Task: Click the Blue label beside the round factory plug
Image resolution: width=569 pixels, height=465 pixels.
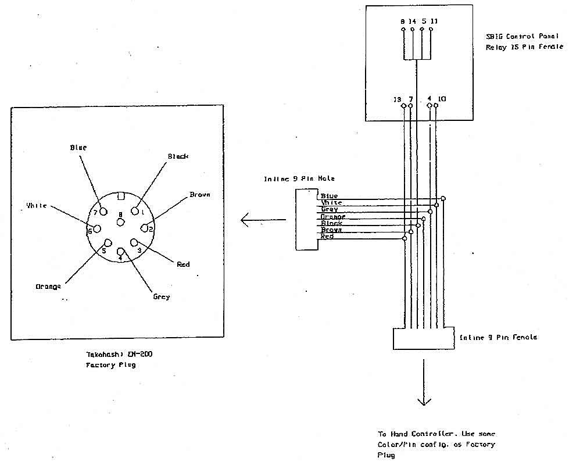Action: [78, 148]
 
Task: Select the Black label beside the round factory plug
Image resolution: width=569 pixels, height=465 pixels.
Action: [178, 156]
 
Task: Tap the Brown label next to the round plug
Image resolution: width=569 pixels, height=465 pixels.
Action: [199, 194]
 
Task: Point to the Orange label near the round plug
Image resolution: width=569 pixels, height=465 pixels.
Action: [48, 286]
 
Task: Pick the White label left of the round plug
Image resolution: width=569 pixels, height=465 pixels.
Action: [36, 205]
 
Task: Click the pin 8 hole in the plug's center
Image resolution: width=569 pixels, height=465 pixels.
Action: [120, 223]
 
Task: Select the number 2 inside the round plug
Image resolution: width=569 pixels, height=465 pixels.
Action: [151, 229]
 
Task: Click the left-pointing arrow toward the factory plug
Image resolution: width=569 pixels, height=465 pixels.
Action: [263, 220]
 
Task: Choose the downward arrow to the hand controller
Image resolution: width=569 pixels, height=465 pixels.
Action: [424, 383]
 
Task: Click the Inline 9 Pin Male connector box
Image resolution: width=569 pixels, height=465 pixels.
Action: [306, 219]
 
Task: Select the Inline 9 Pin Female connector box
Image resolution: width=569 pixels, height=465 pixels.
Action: [423, 338]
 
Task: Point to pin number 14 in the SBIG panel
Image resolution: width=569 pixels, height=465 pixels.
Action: [413, 21]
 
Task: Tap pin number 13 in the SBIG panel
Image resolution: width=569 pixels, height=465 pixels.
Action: [398, 99]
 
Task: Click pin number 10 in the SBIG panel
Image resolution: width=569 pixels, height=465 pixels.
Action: [442, 99]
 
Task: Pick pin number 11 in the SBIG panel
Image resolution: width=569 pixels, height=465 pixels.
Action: [434, 21]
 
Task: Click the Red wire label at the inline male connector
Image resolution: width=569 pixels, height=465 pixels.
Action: [327, 237]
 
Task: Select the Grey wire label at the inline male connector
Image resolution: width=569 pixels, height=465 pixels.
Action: [330, 209]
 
